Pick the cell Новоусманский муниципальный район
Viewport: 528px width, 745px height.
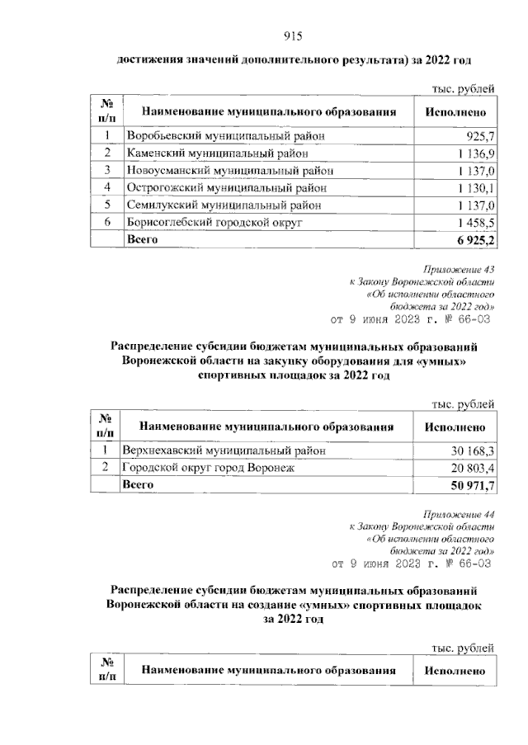pos(230,170)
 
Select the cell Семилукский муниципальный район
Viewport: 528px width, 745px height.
pos(224,205)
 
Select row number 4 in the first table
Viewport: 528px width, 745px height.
pos(106,187)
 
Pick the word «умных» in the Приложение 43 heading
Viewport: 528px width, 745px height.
pos(449,361)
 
